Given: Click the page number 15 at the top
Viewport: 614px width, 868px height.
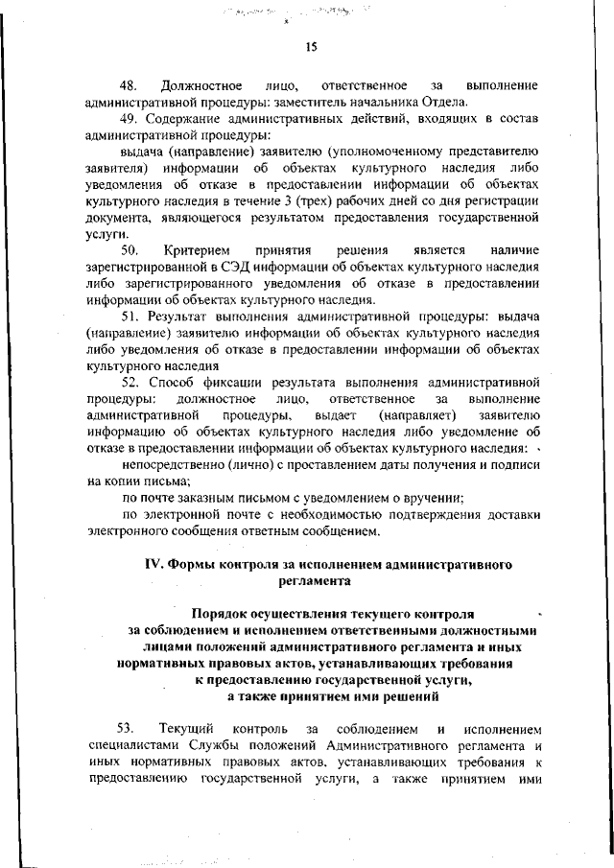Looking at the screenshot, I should [311, 46].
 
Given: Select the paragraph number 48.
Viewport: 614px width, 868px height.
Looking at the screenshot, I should [129, 86].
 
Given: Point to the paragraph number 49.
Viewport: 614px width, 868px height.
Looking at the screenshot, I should [130, 118].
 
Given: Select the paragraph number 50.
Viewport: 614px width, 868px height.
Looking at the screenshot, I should [129, 249].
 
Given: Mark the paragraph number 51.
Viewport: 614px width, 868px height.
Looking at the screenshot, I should [130, 316].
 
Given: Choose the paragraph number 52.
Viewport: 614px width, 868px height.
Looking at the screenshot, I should [130, 382].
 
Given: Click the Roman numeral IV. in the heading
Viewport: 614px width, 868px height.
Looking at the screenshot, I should [154, 564].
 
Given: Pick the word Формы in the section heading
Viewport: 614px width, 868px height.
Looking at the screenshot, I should [195, 564].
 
